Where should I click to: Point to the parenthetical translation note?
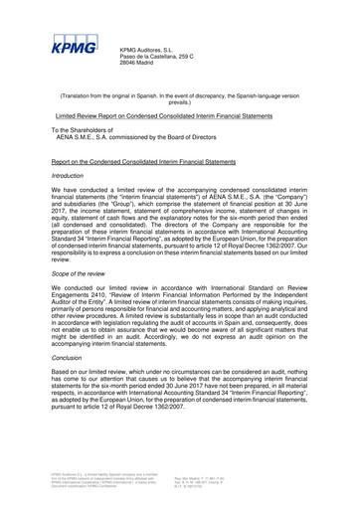(179, 98)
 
